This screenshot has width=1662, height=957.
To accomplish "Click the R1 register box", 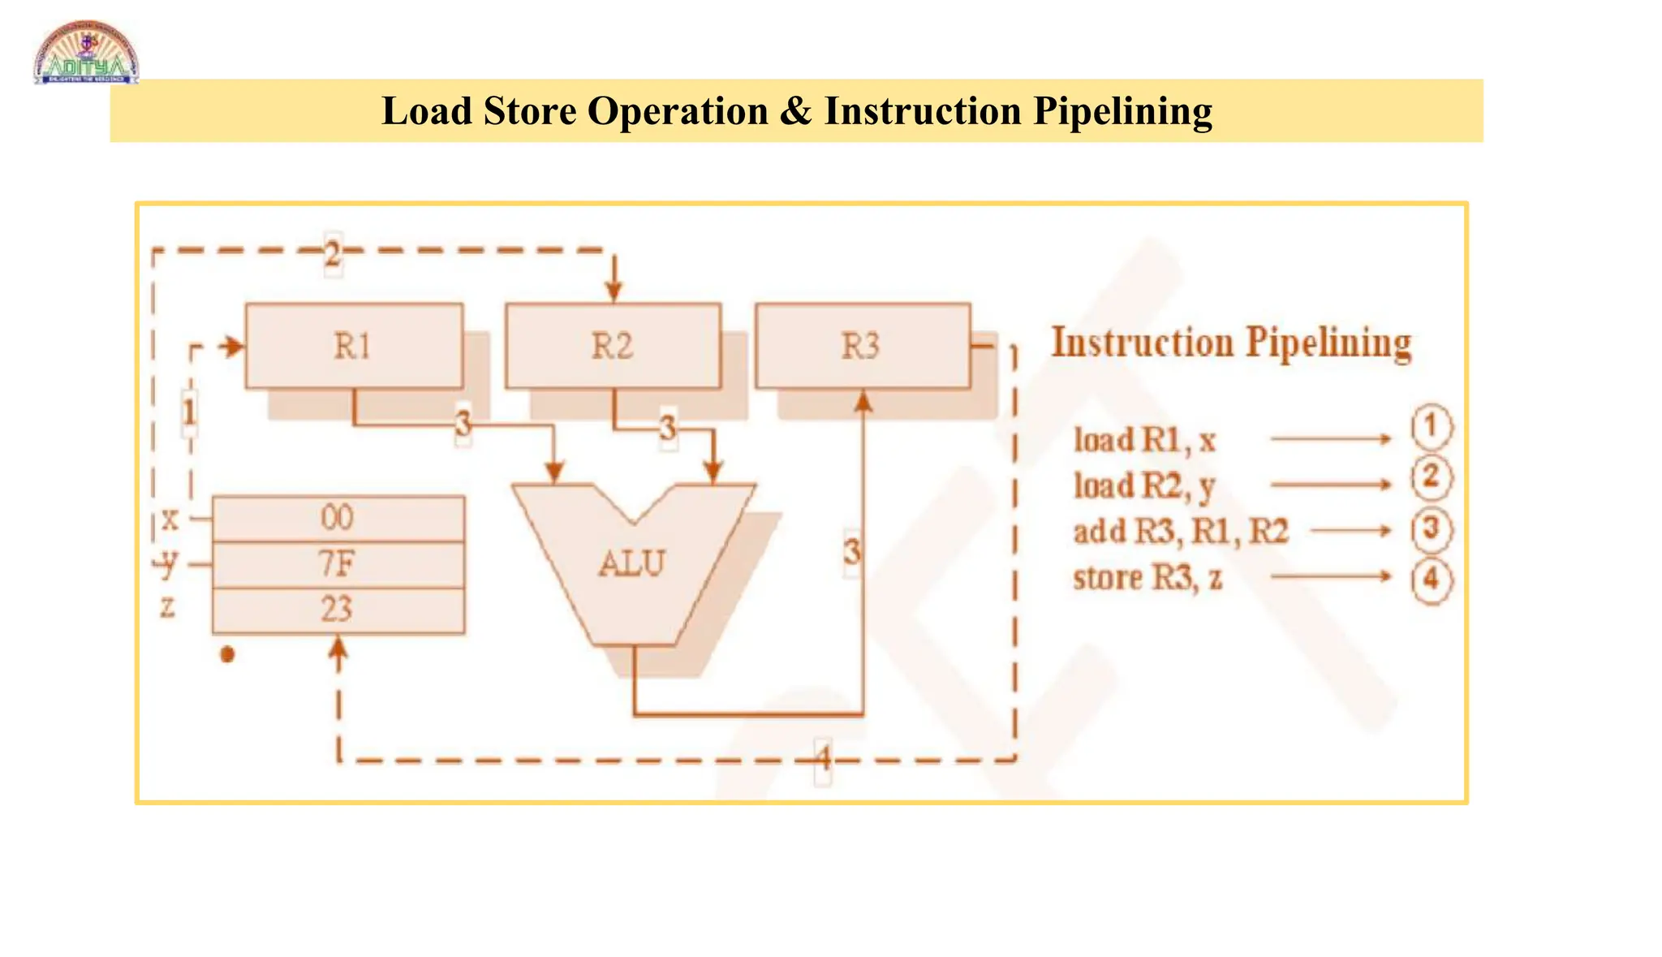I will [x=354, y=347].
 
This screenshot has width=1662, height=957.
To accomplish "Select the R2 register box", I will [x=613, y=347].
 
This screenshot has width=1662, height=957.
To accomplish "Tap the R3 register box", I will [x=862, y=347].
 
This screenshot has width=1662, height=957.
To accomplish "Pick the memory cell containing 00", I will [x=338, y=518].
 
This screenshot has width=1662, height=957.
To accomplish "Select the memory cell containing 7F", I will [x=338, y=564].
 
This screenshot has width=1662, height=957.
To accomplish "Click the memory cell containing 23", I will [x=338, y=610].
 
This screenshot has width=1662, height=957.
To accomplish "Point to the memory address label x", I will [x=170, y=518].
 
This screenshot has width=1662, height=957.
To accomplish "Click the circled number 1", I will [x=1431, y=427].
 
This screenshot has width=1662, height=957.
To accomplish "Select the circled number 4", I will [x=1431, y=580].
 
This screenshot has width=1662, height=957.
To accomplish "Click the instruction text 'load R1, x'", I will [x=1144, y=441].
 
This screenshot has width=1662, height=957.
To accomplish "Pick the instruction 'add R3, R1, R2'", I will [x=1181, y=532].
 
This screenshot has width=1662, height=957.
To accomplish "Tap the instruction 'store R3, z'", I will [x=1147, y=578].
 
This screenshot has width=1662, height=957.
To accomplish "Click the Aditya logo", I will [x=86, y=54].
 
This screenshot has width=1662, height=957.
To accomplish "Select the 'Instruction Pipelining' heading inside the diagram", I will [x=1231, y=343].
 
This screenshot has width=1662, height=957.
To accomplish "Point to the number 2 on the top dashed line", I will [x=333, y=255].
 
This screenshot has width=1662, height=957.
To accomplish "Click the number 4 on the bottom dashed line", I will [x=823, y=760].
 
